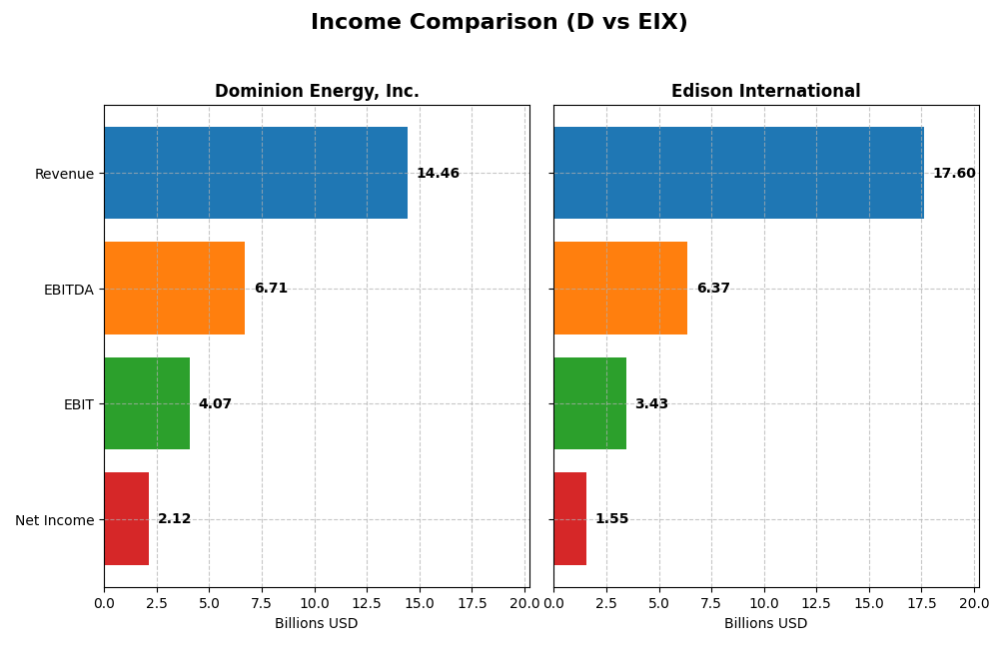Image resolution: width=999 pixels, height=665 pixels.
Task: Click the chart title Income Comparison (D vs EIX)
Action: (499, 22)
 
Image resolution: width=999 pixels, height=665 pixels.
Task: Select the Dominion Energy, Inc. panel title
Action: (317, 92)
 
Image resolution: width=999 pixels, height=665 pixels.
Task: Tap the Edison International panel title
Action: (765, 92)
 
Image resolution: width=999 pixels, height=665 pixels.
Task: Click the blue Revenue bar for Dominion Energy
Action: (256, 173)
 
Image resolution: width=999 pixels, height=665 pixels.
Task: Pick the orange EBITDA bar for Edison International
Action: (620, 289)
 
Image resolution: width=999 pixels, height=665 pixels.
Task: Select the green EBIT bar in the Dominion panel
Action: (147, 403)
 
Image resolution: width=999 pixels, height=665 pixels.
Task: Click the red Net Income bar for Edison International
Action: (569, 519)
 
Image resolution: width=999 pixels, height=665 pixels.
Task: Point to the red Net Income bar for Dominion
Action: (126, 519)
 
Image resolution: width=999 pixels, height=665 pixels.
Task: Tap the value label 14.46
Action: (438, 174)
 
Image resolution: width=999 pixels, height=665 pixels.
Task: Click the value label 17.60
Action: (954, 174)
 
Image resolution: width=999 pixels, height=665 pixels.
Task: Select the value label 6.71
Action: (271, 289)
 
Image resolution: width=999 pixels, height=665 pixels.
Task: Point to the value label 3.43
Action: (651, 404)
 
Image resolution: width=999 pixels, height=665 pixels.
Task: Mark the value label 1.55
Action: (611, 519)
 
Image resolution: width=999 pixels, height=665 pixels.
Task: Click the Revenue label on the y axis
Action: (64, 174)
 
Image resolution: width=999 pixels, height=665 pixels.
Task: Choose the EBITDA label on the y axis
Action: (68, 290)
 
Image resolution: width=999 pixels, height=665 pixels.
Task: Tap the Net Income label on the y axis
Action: (54, 520)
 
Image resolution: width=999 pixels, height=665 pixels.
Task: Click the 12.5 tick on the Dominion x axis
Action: (367, 603)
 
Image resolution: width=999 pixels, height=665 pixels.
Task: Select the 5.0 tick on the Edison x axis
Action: (658, 603)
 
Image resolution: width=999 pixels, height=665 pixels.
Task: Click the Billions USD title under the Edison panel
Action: (765, 624)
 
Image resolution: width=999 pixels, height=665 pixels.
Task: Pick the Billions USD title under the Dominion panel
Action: (316, 624)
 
